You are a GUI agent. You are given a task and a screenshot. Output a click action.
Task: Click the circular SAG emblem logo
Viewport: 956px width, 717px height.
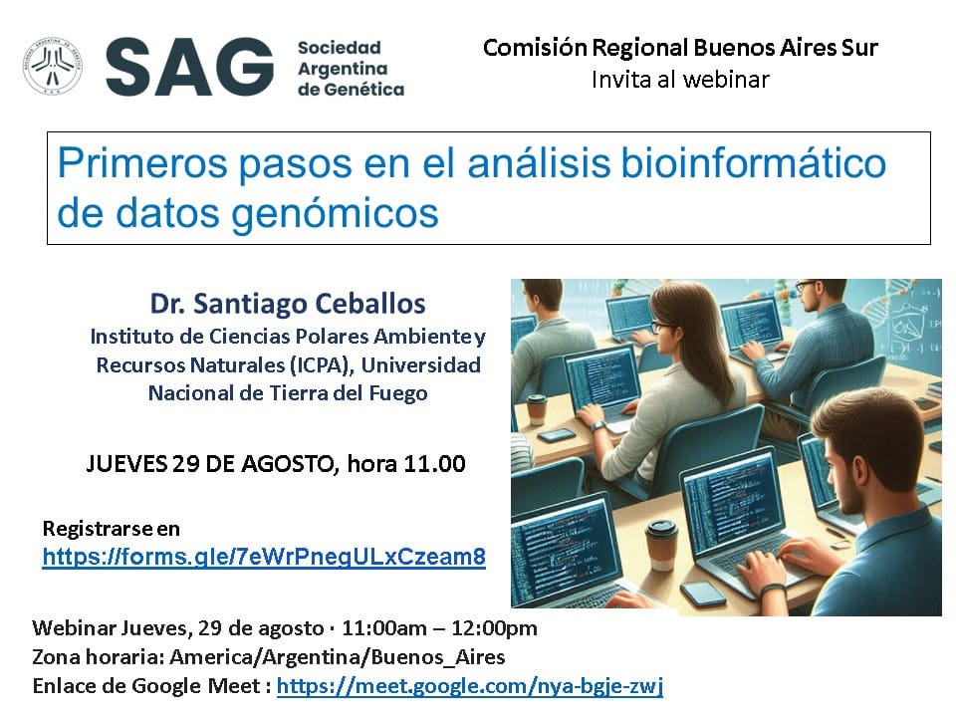click(53, 67)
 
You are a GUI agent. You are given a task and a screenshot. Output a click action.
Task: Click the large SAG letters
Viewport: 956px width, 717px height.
click(189, 67)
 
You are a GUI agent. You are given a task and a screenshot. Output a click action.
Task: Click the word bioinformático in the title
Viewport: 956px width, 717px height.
click(753, 163)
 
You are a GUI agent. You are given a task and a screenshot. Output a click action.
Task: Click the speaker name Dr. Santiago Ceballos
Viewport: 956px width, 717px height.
click(288, 304)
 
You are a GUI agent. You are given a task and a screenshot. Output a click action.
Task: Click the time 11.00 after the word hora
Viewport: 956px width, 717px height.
click(434, 464)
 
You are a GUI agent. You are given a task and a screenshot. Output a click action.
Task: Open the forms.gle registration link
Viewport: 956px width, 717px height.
click(264, 557)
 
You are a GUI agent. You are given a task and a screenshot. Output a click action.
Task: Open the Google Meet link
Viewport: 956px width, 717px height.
click(470, 686)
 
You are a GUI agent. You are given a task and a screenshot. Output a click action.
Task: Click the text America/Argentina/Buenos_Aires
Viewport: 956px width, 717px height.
click(338, 657)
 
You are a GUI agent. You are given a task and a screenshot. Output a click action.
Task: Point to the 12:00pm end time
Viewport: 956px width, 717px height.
click(495, 628)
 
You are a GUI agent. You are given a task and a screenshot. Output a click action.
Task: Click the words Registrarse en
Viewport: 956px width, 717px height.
click(111, 529)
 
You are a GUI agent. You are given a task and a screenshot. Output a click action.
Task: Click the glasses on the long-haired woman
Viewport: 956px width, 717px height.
click(663, 328)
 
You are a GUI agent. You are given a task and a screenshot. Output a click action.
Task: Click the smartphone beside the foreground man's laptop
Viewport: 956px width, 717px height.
click(703, 592)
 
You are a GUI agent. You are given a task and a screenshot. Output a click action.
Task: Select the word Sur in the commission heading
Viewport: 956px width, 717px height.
click(859, 48)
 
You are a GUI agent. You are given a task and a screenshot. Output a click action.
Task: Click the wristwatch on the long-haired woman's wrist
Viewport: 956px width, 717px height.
click(598, 426)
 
